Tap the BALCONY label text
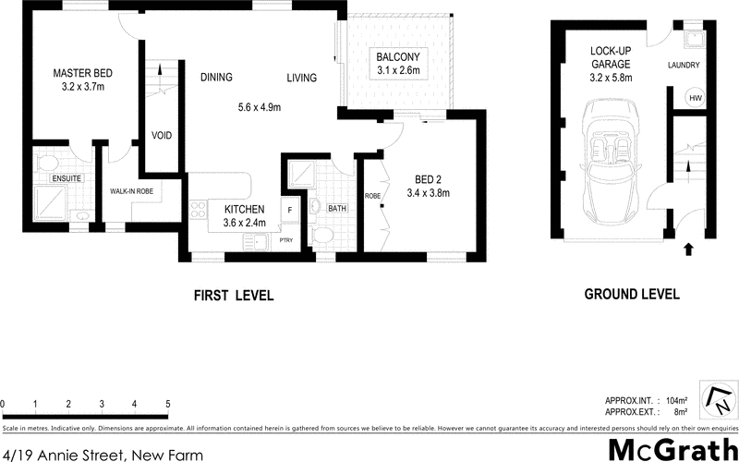tap(398, 57)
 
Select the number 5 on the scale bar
tap(168, 404)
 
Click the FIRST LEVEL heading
tap(234, 296)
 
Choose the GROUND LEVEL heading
tap(632, 295)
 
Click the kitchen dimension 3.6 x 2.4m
tap(244, 223)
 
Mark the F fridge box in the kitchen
tap(289, 211)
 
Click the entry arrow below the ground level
tap(687, 248)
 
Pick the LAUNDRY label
tap(684, 65)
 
